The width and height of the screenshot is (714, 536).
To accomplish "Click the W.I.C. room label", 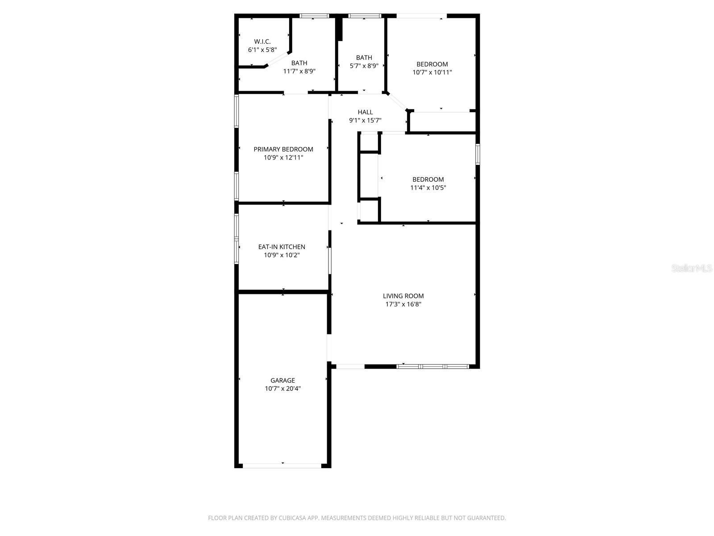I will click(x=262, y=42).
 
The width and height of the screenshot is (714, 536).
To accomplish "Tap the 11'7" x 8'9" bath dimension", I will click(x=299, y=71).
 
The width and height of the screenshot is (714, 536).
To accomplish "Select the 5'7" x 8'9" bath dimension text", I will click(x=364, y=66).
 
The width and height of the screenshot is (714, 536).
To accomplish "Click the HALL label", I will click(x=365, y=112).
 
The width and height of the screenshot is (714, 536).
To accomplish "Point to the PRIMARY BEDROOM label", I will click(x=283, y=149).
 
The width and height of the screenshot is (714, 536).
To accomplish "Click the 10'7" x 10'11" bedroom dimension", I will click(x=432, y=72).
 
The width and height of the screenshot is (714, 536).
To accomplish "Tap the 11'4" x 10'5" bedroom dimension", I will click(x=428, y=188).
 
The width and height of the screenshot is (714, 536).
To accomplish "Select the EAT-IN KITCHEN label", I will click(x=282, y=247).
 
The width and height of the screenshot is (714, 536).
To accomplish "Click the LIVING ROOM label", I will click(x=403, y=296).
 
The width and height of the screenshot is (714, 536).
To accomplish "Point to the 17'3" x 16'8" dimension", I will click(x=403, y=304).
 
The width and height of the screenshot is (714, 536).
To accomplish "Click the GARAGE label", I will click(x=282, y=381).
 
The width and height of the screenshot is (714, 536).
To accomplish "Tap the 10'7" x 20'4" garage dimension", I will click(x=282, y=389).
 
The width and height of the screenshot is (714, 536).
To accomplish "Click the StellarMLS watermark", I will click(x=692, y=268).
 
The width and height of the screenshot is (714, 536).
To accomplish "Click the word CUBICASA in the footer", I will click(x=292, y=518).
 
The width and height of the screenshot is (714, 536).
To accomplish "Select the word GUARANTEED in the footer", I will click(x=487, y=518).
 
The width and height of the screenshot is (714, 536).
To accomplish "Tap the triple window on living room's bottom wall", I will click(x=432, y=366).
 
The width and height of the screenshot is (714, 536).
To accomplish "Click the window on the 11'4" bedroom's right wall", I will click(x=477, y=154).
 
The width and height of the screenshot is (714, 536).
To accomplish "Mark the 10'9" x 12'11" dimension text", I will click(x=283, y=157).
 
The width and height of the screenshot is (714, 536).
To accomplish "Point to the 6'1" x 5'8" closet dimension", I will click(x=262, y=50).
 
